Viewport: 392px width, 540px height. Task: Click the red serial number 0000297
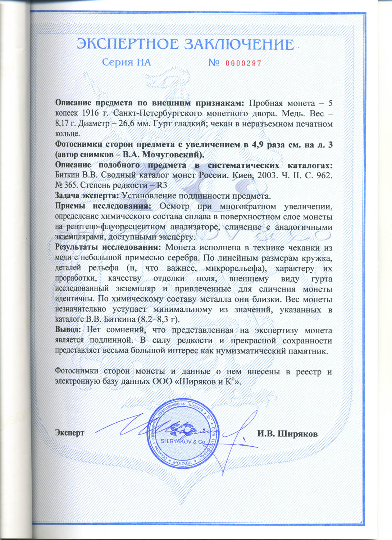click(243, 63)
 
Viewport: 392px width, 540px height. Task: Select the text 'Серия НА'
click(126, 63)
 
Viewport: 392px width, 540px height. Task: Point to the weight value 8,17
click(63, 124)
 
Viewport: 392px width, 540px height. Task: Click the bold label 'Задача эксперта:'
click(87, 196)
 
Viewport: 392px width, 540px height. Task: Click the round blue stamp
click(182, 434)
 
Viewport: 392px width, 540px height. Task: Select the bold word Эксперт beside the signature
click(69, 433)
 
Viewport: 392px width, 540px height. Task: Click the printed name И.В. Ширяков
click(287, 433)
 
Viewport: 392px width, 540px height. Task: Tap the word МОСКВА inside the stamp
click(182, 463)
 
